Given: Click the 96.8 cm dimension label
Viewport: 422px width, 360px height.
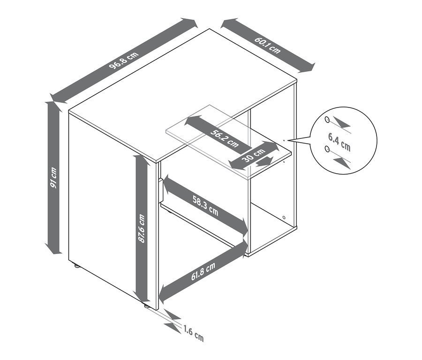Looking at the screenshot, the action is pyautogui.click(x=124, y=61).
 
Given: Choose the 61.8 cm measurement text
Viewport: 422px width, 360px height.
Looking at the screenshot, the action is pyautogui.click(x=203, y=272).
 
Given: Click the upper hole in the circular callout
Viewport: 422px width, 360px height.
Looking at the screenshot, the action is pyautogui.click(x=327, y=119).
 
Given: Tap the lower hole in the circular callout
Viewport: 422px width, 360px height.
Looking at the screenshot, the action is pyautogui.click(x=327, y=149).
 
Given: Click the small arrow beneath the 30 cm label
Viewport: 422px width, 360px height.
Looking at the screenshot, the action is pyautogui.click(x=264, y=161).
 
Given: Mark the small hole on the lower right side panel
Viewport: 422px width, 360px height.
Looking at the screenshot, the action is pyautogui.click(x=284, y=217).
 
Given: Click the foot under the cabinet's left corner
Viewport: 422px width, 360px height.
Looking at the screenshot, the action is pyautogui.click(x=77, y=267).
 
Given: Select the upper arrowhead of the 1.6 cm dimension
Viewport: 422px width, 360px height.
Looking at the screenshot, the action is pyautogui.click(x=172, y=314).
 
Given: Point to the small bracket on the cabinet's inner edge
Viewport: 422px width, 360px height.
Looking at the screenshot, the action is pyautogui.click(x=160, y=191).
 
